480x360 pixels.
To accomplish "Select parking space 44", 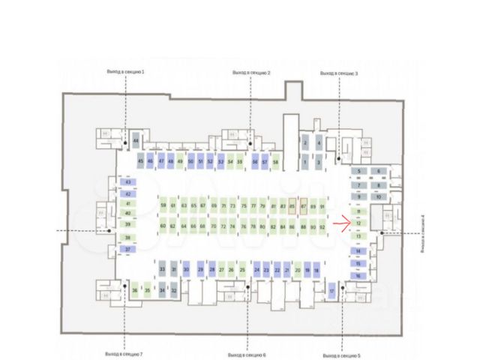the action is pos(136,141).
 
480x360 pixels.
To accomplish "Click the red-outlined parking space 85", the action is pos(292,206).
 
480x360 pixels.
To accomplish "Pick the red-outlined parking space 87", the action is pos(303,206).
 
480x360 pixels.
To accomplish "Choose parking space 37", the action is pos(128,249).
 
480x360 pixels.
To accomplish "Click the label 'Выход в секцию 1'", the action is pos(125,72).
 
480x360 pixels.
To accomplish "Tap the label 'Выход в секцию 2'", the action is pos(251,72).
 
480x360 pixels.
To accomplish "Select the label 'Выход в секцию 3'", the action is pos(339,73).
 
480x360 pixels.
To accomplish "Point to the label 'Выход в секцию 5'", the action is pos(341,355).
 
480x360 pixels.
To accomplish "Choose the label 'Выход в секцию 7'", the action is pos(125,354).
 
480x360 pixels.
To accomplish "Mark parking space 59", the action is pos(163,206).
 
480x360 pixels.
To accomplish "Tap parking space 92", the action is pos(322,226).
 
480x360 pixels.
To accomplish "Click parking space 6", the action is pos(379,172).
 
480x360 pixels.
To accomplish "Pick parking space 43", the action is pos(128,182).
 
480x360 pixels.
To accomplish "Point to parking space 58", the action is pos(275,161).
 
